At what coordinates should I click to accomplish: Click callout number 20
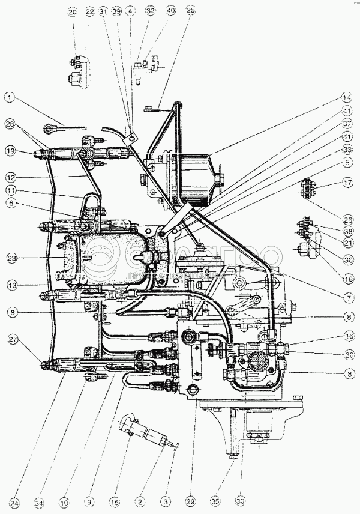(73, 12)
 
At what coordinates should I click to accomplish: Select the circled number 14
(347, 97)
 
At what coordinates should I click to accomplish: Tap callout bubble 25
(191, 12)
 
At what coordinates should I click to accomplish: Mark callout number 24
(14, 503)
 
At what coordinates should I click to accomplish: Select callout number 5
(347, 162)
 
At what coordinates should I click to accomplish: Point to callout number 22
(90, 12)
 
